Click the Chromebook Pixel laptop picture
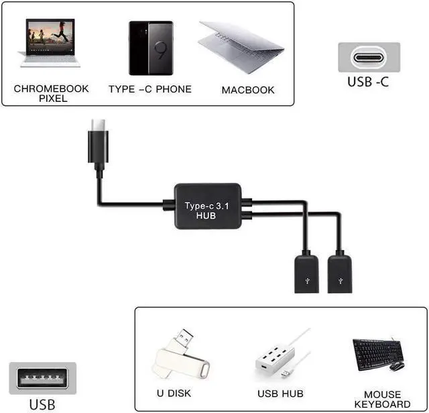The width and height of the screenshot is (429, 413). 49,43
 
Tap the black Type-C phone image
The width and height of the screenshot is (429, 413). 151,48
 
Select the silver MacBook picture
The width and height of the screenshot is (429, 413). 241,47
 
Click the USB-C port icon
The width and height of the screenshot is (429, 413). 369,57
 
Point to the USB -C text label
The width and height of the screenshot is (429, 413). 368,82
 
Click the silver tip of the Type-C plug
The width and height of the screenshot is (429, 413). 99,125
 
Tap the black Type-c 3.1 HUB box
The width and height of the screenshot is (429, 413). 208,206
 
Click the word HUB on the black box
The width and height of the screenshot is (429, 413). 206,216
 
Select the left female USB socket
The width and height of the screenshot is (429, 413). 307,274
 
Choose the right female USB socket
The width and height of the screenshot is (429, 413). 340,274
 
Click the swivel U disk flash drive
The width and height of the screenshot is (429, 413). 181,355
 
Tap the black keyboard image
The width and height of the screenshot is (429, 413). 377,354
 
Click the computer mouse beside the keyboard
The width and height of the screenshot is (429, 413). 397,366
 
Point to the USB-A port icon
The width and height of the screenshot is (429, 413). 42,378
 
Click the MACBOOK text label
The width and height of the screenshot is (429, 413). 248,90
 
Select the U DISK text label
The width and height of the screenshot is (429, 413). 174,394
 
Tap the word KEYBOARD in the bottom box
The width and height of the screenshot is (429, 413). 382,404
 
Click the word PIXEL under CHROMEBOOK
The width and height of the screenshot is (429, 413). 53,99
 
